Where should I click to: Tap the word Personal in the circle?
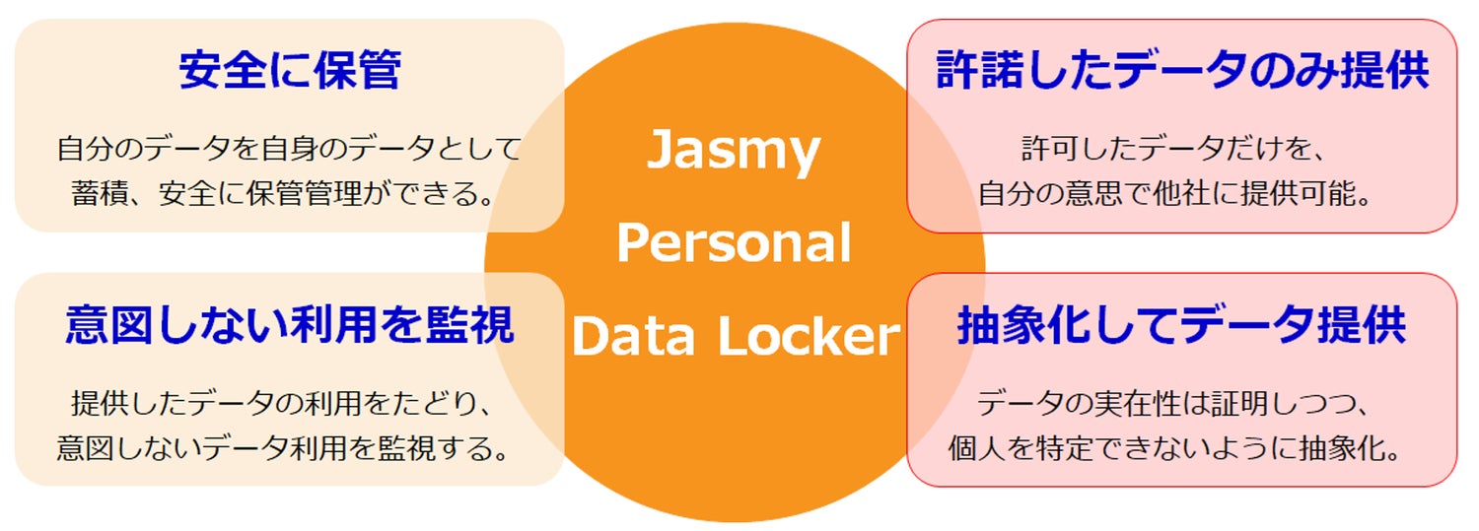pos(734,243)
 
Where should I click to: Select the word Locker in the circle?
pos(808,337)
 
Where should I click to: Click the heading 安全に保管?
pos(290,71)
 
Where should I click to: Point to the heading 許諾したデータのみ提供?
pos(1182,71)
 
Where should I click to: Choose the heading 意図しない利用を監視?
pos(290,326)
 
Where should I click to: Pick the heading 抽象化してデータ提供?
pos(1182,326)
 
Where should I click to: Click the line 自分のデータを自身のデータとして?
pos(289,151)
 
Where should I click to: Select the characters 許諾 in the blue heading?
pos(975,71)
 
